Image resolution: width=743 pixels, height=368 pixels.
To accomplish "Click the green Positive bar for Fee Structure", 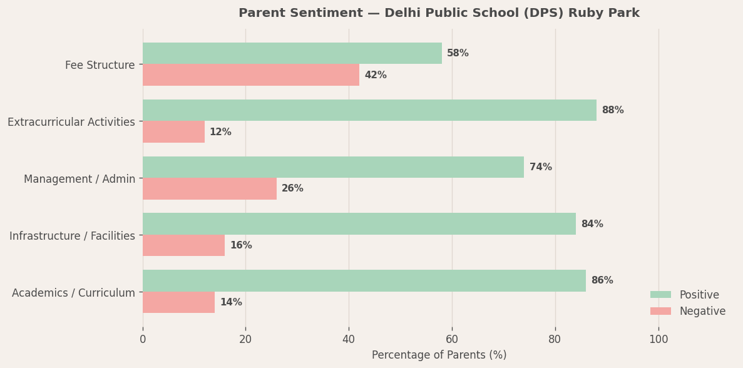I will (x=292, y=53).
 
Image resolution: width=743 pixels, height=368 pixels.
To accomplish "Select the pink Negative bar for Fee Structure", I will (x=250, y=75).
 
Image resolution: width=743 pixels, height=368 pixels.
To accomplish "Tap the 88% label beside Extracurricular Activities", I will (x=612, y=110).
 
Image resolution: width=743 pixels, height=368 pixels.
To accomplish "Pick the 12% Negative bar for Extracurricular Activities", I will (x=173, y=132).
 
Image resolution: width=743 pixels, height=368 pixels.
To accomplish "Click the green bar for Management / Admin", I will (x=333, y=167).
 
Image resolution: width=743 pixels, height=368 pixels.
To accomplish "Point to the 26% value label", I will (x=292, y=188).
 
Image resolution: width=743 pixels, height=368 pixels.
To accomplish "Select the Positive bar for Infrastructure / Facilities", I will (x=359, y=224).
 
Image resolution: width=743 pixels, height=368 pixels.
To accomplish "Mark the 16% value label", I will (x=241, y=245).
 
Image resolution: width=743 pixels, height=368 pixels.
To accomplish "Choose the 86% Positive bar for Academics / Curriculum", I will (x=364, y=280).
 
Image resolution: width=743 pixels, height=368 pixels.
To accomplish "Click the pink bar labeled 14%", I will (x=178, y=302).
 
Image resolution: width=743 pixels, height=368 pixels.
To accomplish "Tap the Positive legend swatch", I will (x=660, y=295).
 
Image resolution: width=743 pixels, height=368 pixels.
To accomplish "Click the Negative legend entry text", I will (x=702, y=311).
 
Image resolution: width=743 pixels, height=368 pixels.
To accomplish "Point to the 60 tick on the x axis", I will (x=452, y=339).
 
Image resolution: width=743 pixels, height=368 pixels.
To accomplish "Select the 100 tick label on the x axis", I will (x=658, y=339).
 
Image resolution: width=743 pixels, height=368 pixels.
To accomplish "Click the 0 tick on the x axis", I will (x=143, y=339).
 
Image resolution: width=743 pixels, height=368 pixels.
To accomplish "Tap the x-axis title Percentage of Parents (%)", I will (x=439, y=355).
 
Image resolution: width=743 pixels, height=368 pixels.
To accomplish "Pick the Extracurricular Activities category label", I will (x=71, y=122).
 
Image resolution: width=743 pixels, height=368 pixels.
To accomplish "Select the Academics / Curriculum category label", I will (x=73, y=292).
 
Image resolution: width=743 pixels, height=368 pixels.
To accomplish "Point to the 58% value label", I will (x=458, y=53).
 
